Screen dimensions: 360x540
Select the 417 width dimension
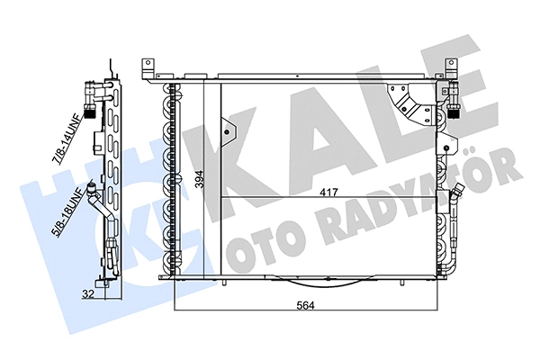(x=330, y=191)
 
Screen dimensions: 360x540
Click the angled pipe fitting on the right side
(x=455, y=193)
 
